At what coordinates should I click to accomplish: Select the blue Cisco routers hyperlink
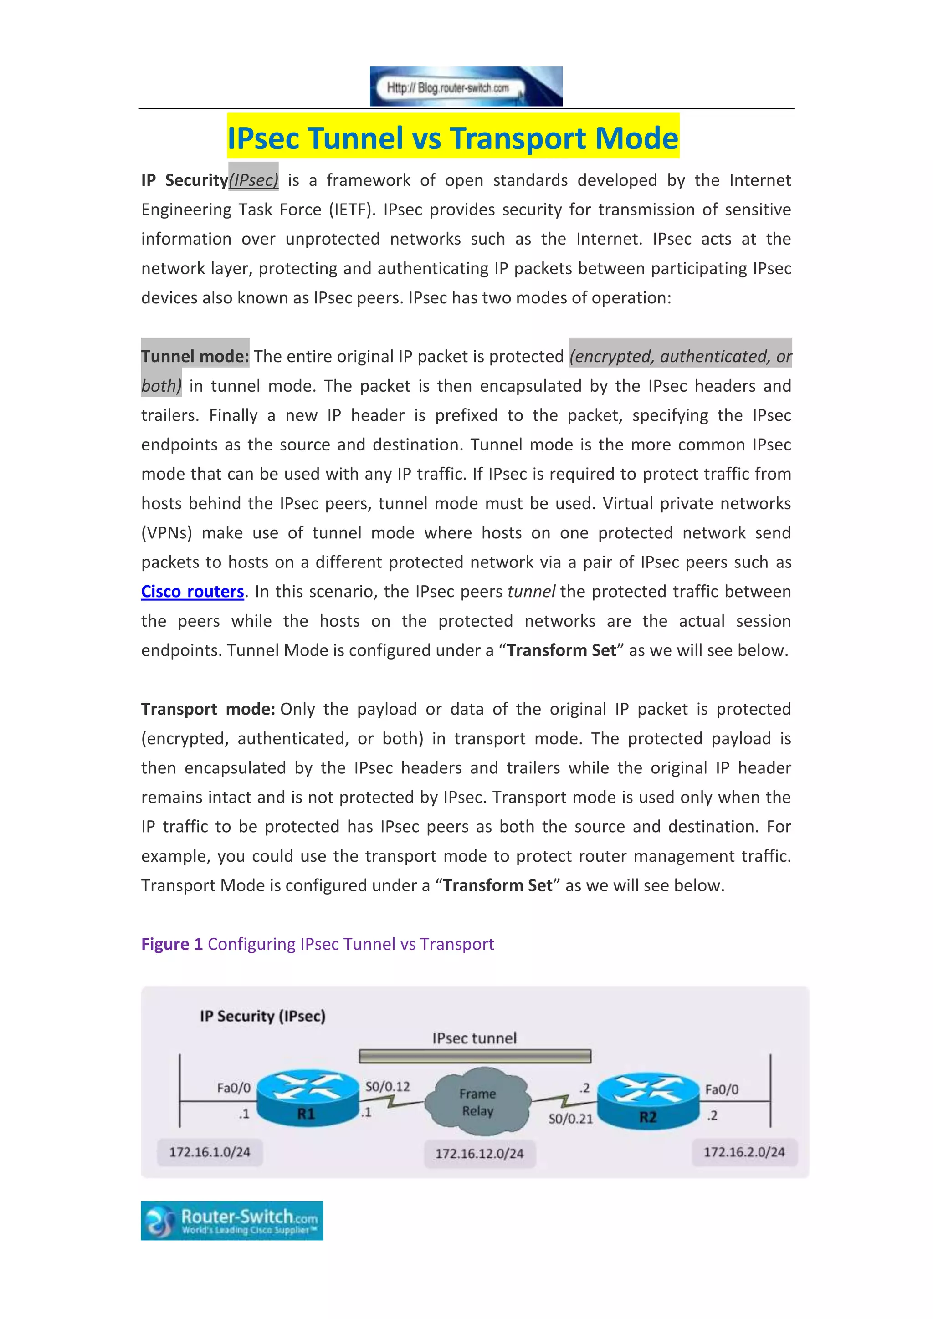point(192,591)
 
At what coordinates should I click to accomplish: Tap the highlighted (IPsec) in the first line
point(253,180)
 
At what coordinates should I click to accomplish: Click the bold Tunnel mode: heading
point(195,356)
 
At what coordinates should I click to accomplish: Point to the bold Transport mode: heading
point(208,709)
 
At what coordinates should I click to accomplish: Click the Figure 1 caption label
point(172,944)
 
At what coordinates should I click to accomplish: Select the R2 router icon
point(648,1101)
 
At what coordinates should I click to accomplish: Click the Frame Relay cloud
point(477,1101)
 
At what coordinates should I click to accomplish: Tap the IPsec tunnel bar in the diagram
point(475,1056)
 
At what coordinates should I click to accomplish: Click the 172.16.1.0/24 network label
point(210,1152)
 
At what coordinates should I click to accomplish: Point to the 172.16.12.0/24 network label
point(479,1154)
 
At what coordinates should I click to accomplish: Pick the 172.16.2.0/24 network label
point(744,1152)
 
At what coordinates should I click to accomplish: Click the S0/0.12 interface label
point(388,1086)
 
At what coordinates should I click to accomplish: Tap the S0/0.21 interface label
point(570,1119)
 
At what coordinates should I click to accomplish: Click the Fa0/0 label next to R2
point(722,1089)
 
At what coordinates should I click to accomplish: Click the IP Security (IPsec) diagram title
point(262,1016)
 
